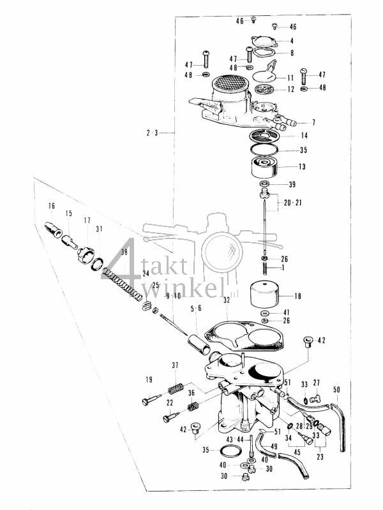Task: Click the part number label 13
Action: click(x=301, y=166)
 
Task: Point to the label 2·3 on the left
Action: click(x=151, y=133)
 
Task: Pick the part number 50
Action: click(x=337, y=389)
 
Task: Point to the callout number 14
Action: click(x=303, y=136)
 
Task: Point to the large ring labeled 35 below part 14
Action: click(x=264, y=150)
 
